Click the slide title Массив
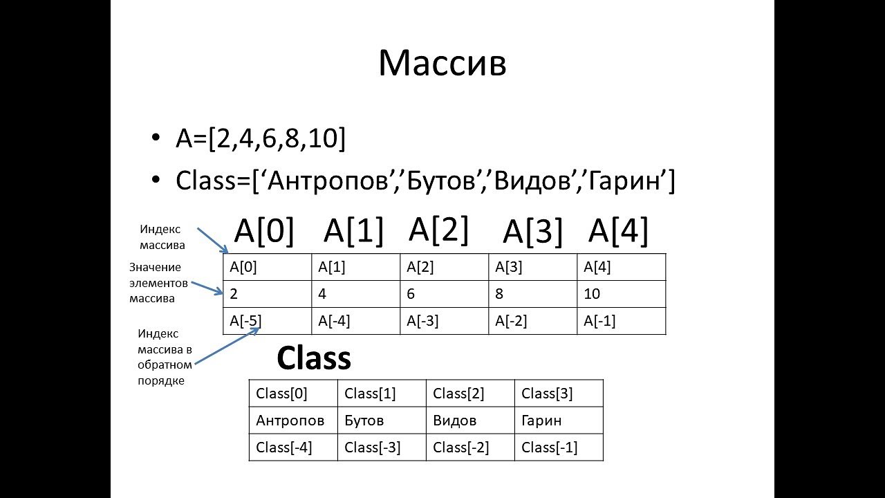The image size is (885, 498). click(x=442, y=64)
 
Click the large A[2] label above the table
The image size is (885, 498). click(x=439, y=229)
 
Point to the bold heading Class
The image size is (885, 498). click(x=314, y=358)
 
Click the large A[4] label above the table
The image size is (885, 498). click(x=618, y=232)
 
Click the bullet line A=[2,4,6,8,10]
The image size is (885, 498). click(x=261, y=140)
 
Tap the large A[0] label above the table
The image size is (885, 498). click(x=264, y=232)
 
